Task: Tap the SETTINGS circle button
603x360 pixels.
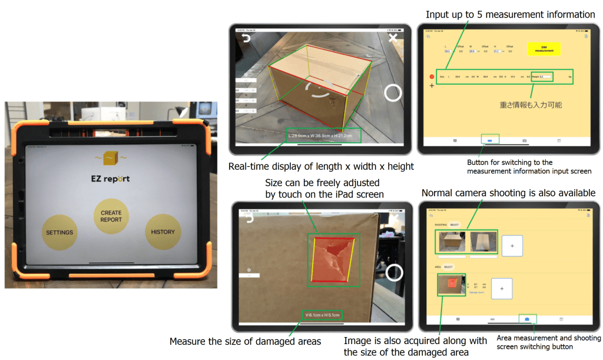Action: click(59, 232)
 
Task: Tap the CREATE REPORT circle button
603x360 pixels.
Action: click(111, 216)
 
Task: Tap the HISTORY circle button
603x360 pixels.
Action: click(163, 232)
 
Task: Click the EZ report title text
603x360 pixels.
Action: click(110, 179)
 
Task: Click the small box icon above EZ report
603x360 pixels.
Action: click(110, 158)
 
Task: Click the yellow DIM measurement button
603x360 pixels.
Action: click(544, 49)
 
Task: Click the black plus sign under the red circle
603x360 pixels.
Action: click(432, 86)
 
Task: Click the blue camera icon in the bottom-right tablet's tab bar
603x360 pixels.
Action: click(527, 319)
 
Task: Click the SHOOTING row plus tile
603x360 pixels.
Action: click(512, 245)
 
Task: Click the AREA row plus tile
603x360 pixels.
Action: click(501, 289)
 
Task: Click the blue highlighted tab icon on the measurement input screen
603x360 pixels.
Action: click(489, 140)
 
